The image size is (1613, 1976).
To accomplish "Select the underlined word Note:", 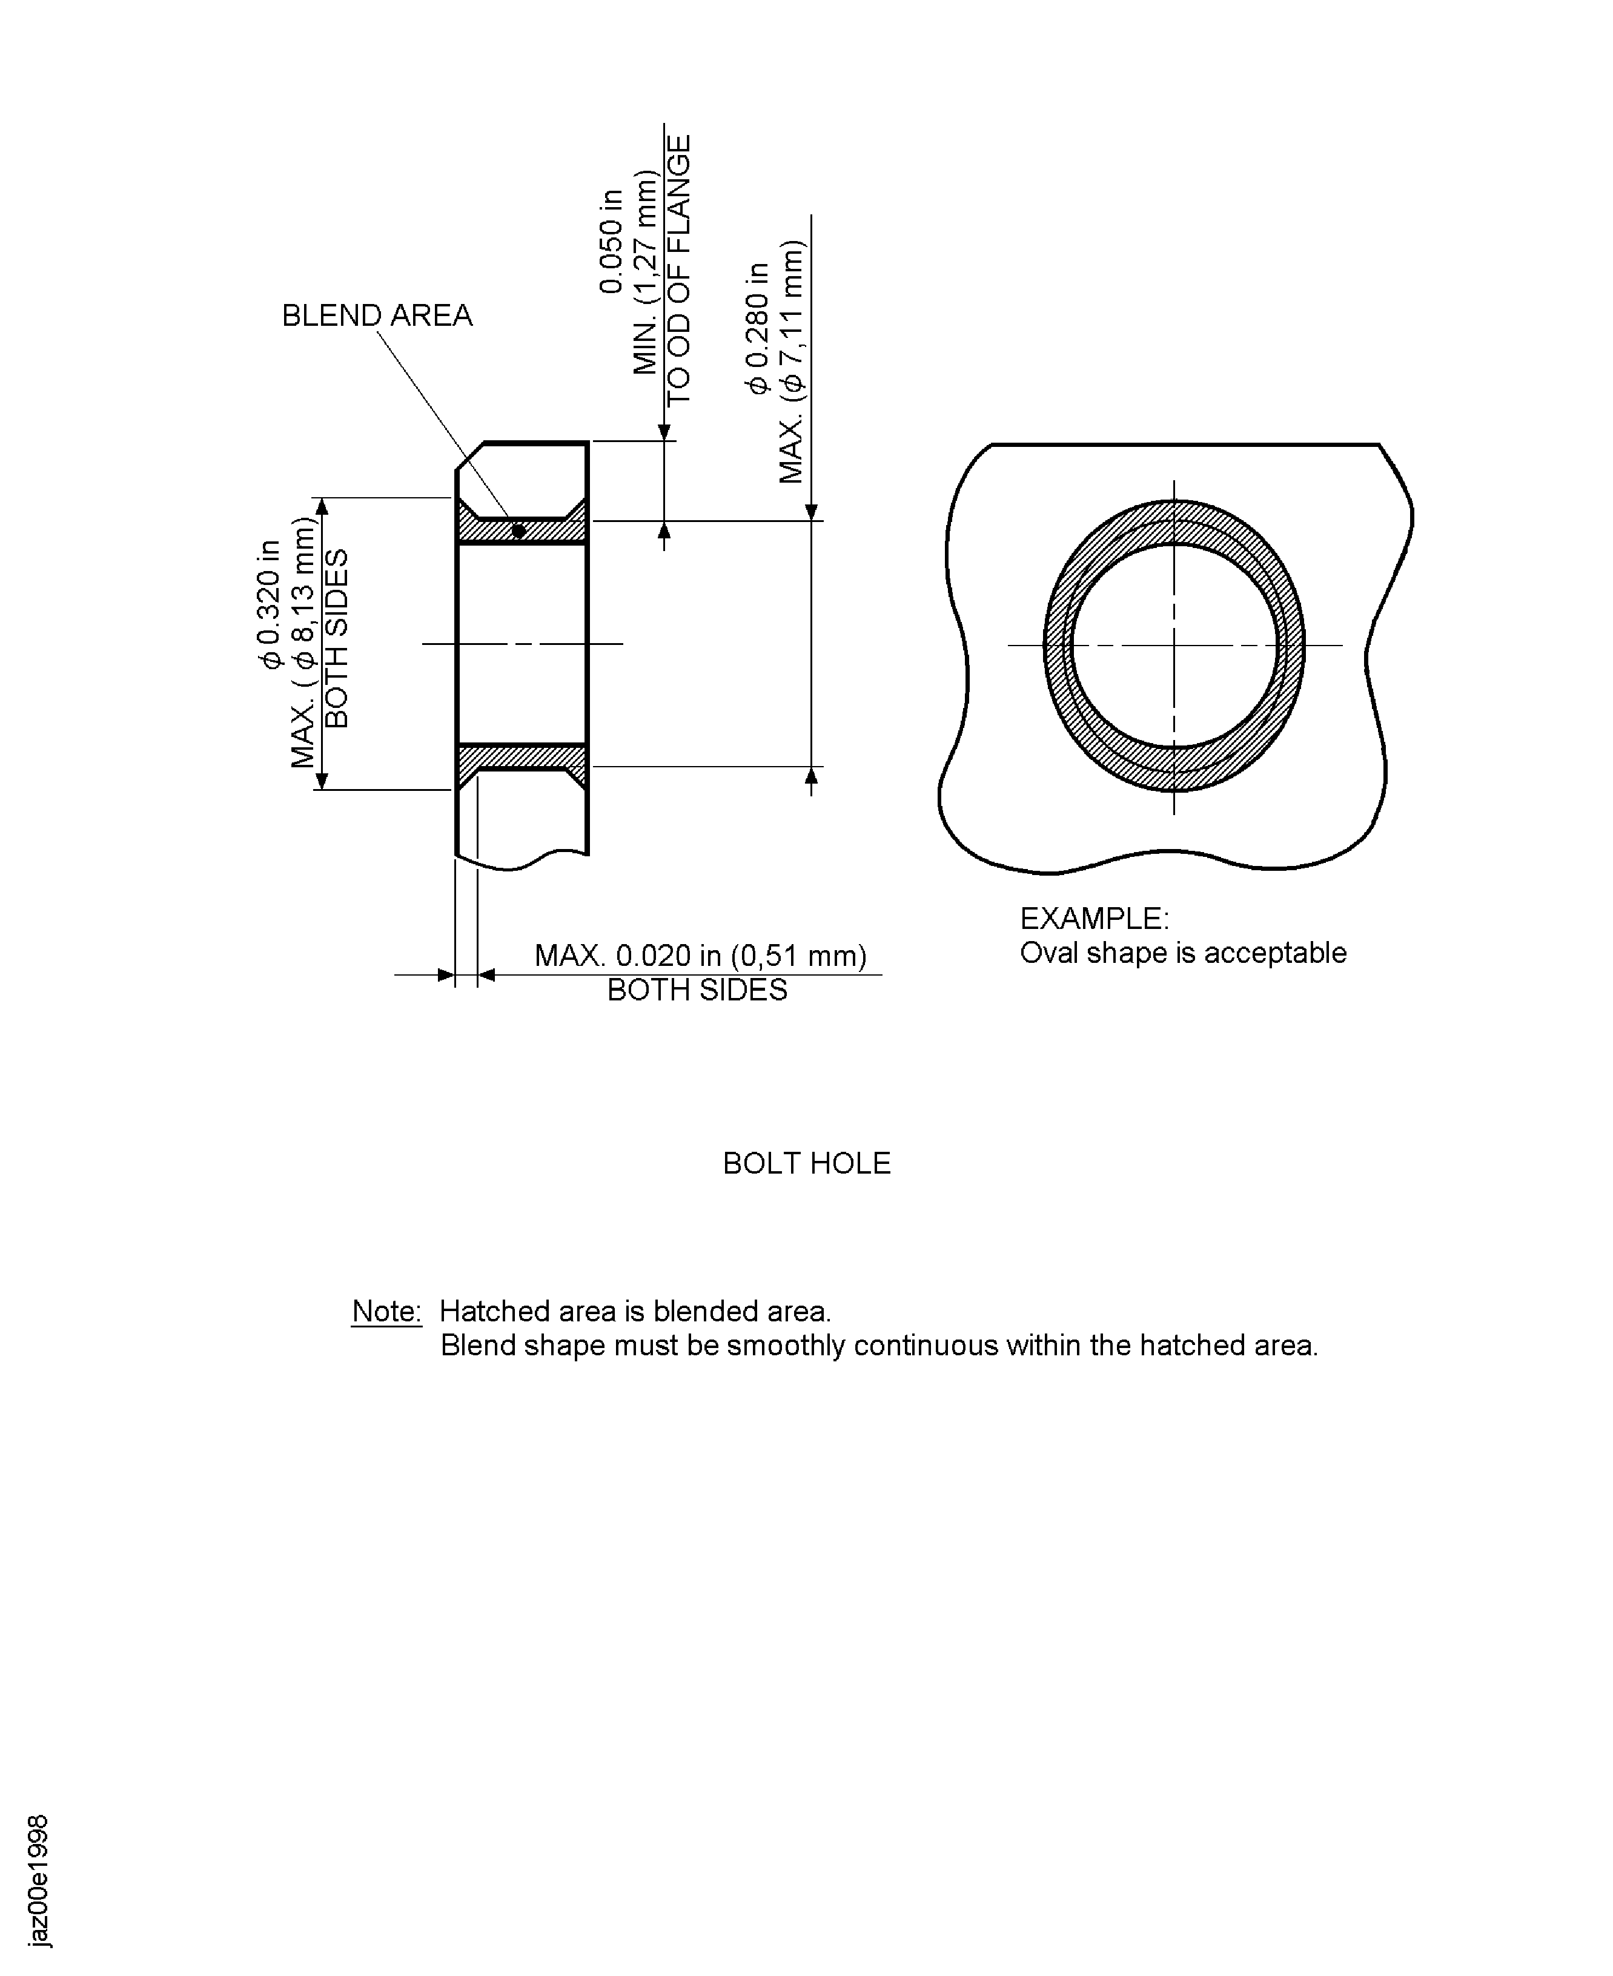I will tap(386, 1311).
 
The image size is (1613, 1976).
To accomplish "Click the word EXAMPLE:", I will tap(1094, 919).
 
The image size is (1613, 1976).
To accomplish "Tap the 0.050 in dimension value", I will tap(611, 242).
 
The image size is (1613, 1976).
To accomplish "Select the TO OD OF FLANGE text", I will tap(679, 269).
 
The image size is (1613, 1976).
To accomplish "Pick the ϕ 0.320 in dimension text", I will tap(270, 604).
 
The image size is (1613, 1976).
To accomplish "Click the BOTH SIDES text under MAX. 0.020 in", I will tap(696, 990).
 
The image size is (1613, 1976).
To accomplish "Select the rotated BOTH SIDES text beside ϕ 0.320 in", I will tap(336, 638).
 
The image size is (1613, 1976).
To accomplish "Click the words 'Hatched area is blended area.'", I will tap(635, 1311).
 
